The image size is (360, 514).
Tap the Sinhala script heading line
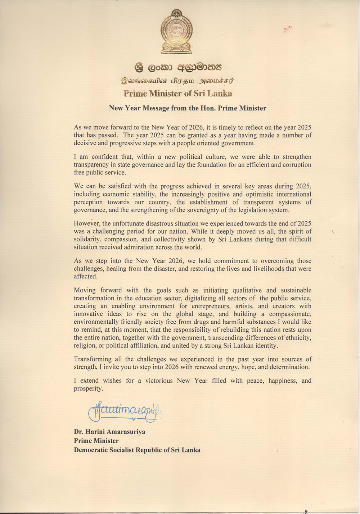178,67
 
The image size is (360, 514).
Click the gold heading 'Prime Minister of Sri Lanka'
178,94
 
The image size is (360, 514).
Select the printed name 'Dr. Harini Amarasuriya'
109,432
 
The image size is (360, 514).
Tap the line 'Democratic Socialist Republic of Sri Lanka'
137,450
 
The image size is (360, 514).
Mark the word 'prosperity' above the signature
88,388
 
